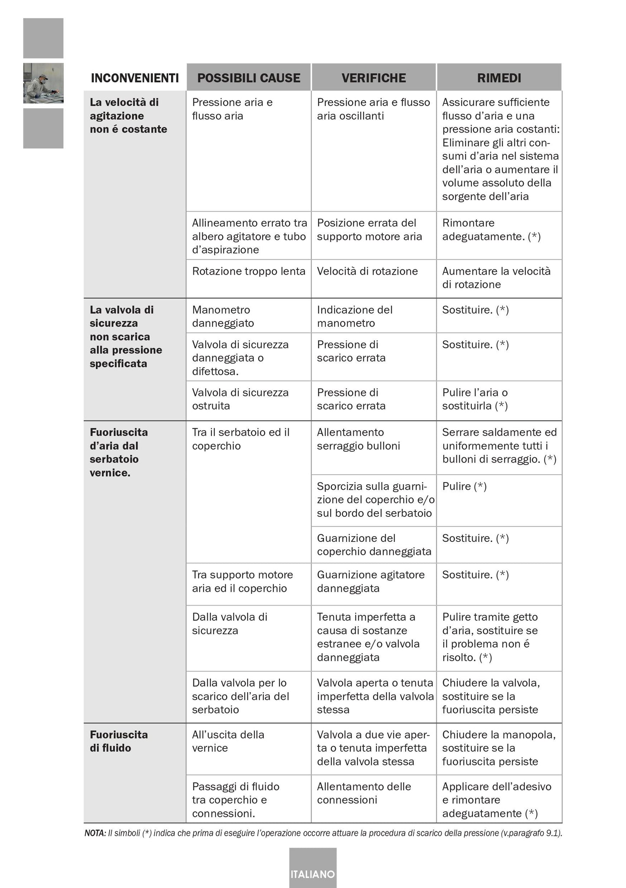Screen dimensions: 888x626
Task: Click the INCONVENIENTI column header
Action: (x=135, y=78)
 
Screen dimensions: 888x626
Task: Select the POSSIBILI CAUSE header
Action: (x=249, y=78)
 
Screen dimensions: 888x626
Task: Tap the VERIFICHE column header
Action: (x=373, y=78)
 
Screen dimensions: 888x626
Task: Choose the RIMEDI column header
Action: (x=499, y=78)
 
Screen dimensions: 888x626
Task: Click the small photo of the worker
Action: (x=43, y=83)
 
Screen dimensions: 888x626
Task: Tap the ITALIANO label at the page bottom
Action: (x=313, y=874)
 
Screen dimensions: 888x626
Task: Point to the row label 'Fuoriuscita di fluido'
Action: (x=119, y=741)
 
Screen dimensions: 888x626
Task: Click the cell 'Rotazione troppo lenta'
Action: (x=249, y=272)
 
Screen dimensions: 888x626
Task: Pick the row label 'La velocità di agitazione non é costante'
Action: (x=128, y=116)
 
